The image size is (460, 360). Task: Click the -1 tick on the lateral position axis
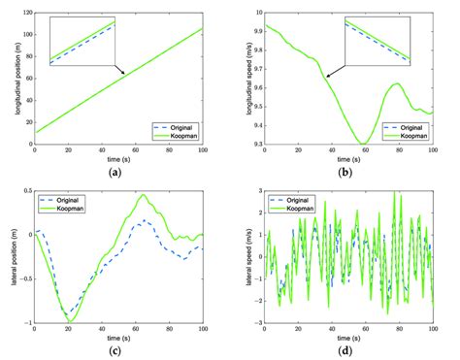click(28, 322)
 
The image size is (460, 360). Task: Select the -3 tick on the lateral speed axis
click(258, 322)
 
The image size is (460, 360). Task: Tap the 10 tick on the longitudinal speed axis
click(257, 13)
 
